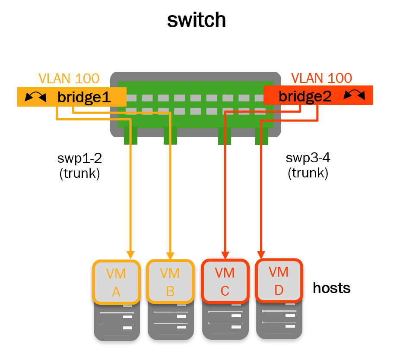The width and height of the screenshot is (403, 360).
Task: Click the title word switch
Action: [x=197, y=20]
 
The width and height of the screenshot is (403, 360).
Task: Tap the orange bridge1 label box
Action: [x=72, y=97]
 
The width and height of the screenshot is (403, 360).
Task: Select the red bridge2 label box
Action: [x=317, y=95]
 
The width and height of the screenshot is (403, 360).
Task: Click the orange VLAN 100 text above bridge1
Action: [x=69, y=79]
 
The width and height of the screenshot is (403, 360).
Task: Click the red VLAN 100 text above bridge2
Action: [x=321, y=78]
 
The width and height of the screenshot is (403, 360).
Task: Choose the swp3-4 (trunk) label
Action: [x=308, y=165]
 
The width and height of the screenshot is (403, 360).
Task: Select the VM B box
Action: [x=170, y=282]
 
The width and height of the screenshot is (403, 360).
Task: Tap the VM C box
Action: [x=225, y=281]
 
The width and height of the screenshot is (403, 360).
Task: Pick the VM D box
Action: [x=279, y=281]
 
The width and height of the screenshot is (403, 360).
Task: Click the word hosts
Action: [x=331, y=288]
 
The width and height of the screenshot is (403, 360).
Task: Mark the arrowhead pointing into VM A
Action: [x=130, y=255]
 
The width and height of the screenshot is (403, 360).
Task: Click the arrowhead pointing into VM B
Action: [x=170, y=255]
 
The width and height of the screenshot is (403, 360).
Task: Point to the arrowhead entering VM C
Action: [x=225, y=254]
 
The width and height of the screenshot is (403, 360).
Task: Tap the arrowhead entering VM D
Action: [x=261, y=254]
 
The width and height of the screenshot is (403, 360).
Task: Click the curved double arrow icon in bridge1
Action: [x=35, y=97]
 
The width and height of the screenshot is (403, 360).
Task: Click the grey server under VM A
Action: [x=116, y=322]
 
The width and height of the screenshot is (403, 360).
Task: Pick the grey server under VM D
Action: [x=279, y=320]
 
